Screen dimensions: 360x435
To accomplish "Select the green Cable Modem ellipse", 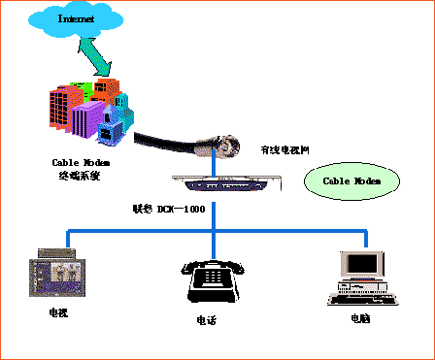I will pos(351,180).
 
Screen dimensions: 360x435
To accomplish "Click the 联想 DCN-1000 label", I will pos(168,209).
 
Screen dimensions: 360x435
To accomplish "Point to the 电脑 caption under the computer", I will pos(361,317).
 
